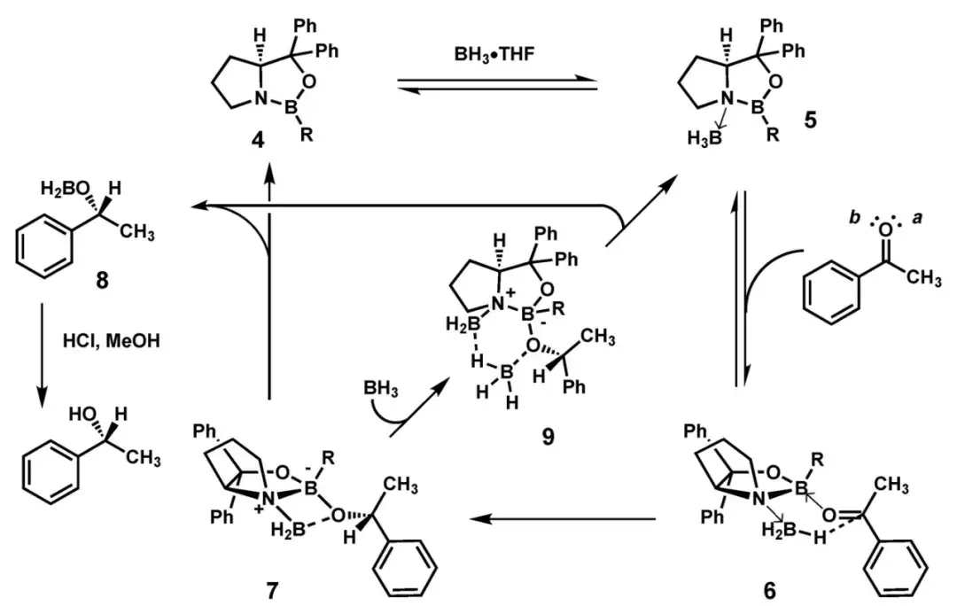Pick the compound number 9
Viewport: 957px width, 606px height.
click(x=547, y=437)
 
